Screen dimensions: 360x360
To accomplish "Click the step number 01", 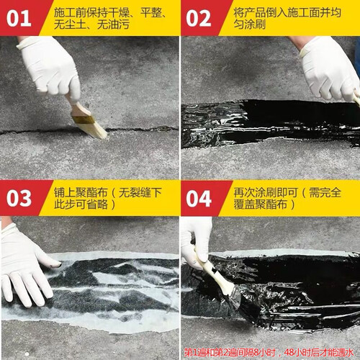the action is click(x=19, y=19).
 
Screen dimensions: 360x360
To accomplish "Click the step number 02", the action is click(x=199, y=19).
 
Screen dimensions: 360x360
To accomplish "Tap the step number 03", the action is click(x=19, y=199).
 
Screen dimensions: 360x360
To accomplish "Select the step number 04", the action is click(x=199, y=199).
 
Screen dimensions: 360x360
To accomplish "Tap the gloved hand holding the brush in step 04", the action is click(x=196, y=243).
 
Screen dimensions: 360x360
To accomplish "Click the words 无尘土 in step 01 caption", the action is click(x=70, y=24).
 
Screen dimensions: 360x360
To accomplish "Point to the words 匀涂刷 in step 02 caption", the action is click(x=250, y=24).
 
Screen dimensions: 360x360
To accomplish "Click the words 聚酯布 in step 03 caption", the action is click(x=91, y=192).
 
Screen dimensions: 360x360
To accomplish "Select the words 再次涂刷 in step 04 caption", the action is click(x=255, y=192).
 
